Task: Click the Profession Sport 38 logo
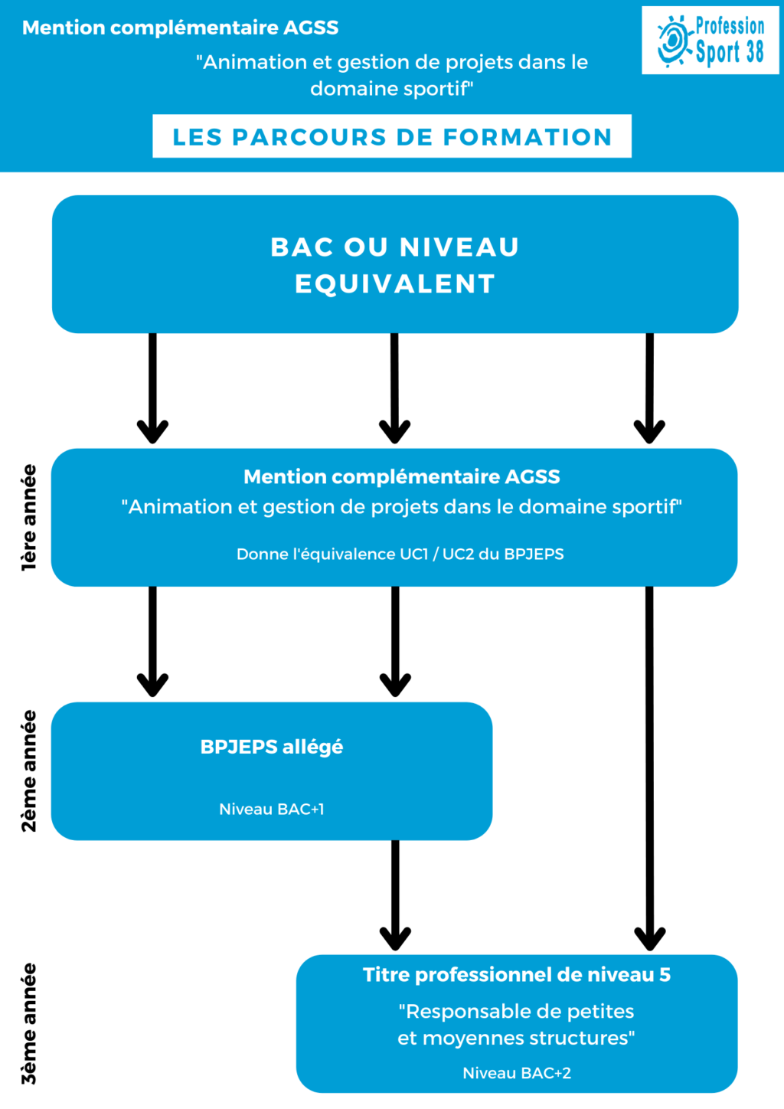(710, 40)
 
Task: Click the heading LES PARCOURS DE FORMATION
(392, 137)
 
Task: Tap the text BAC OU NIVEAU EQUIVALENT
(395, 265)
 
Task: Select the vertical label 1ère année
(29, 518)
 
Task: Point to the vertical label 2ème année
(29, 770)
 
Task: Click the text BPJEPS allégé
(272, 747)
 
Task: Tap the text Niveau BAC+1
(272, 809)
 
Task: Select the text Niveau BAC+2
(517, 1073)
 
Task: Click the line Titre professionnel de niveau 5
(517, 974)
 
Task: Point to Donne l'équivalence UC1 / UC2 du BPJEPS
(400, 554)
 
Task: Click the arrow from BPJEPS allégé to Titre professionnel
(395, 895)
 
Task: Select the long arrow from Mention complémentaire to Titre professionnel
(649, 768)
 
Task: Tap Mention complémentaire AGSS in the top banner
(180, 28)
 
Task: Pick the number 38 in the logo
(753, 51)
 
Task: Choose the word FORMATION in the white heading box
(528, 137)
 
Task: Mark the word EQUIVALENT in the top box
(395, 283)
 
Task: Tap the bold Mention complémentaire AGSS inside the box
(401, 477)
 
